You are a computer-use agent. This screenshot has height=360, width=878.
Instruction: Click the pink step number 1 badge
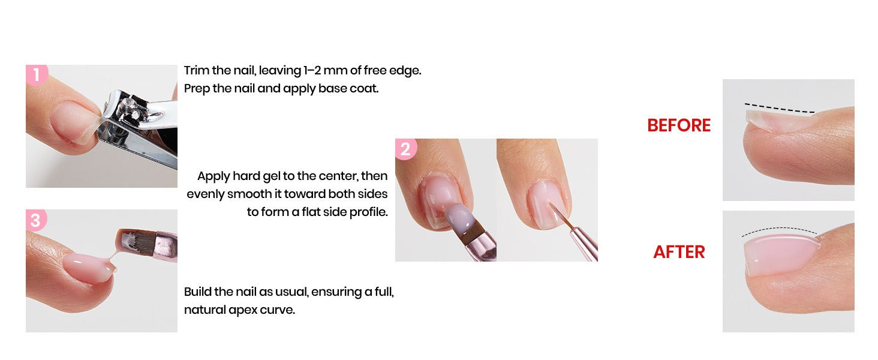click(37, 74)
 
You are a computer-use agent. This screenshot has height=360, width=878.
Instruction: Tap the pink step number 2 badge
click(405, 149)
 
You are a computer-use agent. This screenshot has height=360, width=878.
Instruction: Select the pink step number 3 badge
click(36, 220)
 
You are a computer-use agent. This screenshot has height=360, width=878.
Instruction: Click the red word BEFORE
click(678, 125)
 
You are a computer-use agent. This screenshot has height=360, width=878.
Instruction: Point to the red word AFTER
click(679, 252)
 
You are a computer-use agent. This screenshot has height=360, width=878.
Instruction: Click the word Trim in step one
click(196, 70)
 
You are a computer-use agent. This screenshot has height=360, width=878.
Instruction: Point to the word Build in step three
click(197, 292)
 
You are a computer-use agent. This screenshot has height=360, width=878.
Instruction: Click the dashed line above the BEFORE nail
click(780, 108)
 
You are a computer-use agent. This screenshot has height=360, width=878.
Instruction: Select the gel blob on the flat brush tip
click(459, 215)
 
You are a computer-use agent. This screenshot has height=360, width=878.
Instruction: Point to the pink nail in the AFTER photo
click(780, 254)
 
